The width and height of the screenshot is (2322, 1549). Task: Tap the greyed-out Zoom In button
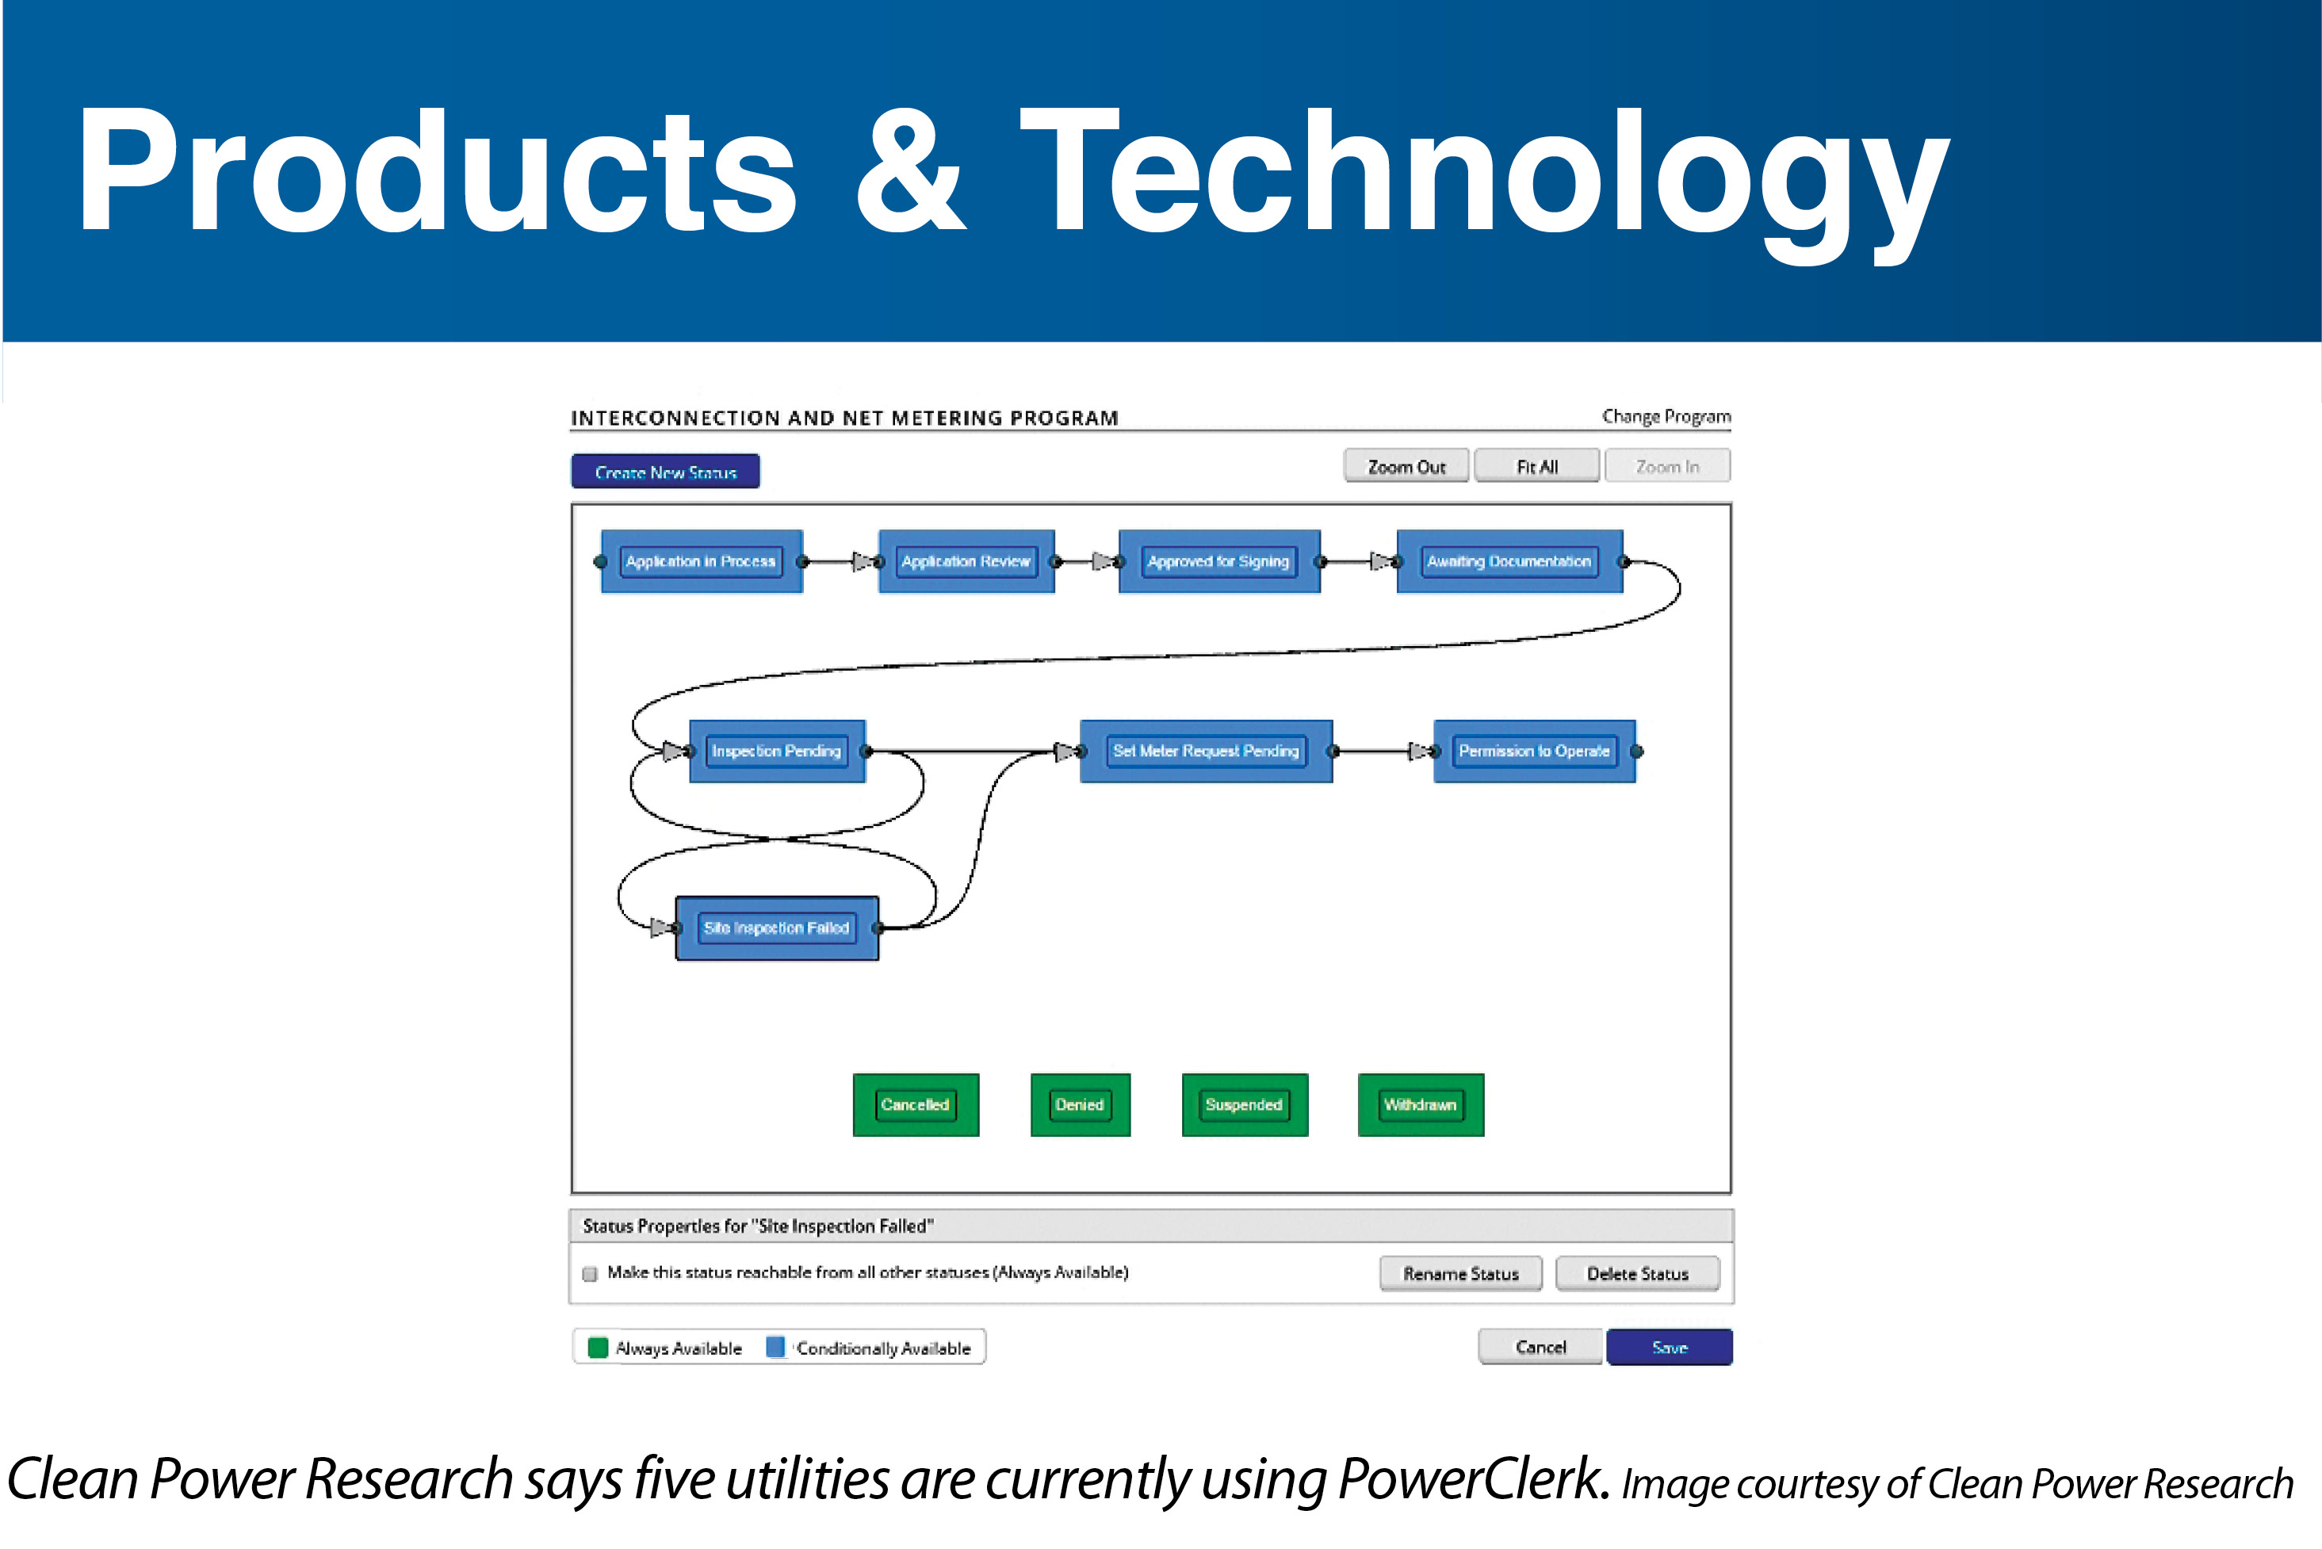click(1667, 466)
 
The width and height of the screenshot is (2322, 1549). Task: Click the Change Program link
click(1666, 417)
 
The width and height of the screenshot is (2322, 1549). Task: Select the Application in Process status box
click(702, 561)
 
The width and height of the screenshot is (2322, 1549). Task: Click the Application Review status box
click(966, 561)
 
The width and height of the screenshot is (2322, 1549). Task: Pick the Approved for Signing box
click(1218, 561)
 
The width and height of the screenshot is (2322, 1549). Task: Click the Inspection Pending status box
click(776, 751)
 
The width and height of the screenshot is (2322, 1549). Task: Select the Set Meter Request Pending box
click(1205, 751)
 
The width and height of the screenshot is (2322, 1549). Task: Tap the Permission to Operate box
click(1534, 751)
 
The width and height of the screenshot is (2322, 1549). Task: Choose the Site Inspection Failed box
click(776, 927)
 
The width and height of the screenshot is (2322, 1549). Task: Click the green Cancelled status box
click(916, 1104)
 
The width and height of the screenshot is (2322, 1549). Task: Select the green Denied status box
click(1080, 1104)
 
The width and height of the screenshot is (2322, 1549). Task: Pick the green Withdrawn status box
click(1421, 1104)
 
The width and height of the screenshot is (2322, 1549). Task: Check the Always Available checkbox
click(590, 1273)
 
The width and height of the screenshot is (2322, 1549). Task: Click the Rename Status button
click(1459, 1273)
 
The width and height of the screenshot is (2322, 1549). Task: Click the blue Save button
click(1668, 1348)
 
